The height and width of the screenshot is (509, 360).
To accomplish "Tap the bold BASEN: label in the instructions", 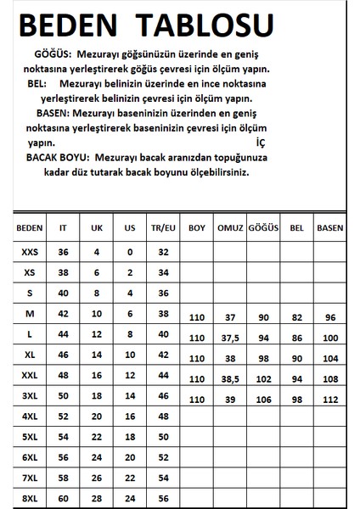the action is coord(59,112).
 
